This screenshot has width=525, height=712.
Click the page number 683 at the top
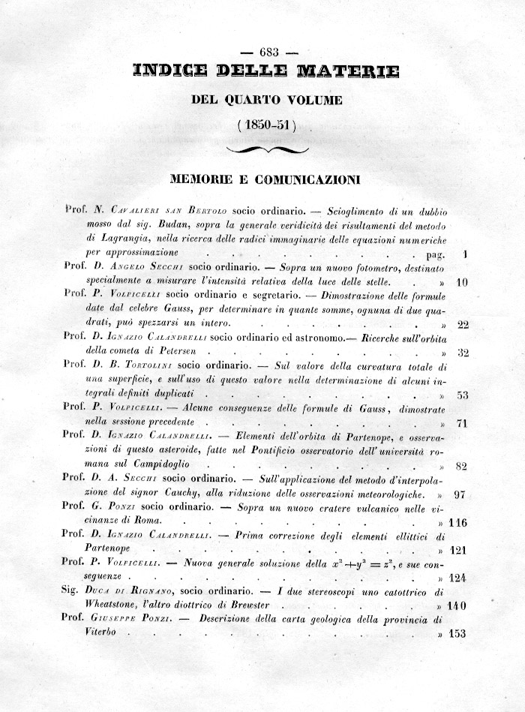coord(268,52)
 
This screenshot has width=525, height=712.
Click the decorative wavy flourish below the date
coord(267,150)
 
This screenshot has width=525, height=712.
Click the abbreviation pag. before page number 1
coord(434,254)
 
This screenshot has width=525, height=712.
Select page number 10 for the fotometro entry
coord(462,283)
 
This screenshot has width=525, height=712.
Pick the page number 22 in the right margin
coord(462,325)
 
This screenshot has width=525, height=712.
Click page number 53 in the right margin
coord(462,395)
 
